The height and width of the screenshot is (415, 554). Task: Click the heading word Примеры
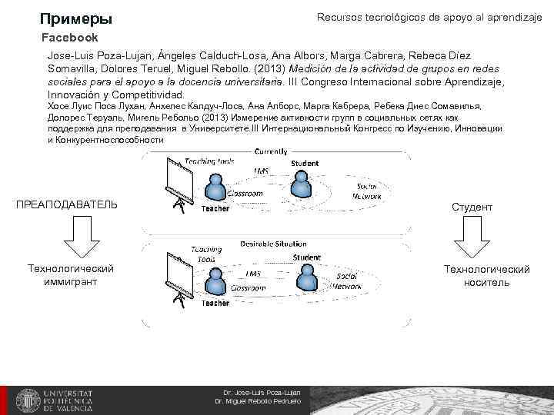tap(76, 18)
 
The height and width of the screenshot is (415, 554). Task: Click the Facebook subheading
tap(70, 38)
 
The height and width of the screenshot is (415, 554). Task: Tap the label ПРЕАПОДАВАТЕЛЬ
tap(67, 204)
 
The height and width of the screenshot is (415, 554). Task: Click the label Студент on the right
tap(472, 207)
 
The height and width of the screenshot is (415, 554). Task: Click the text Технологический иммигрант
tap(70, 275)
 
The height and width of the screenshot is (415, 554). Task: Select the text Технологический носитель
tap(486, 275)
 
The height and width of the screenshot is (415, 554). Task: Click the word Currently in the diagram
tap(271, 151)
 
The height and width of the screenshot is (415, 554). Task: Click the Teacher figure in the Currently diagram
tap(215, 188)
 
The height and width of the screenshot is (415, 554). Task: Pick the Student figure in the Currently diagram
tap(302, 183)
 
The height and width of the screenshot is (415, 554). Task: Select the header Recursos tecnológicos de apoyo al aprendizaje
tap(429, 17)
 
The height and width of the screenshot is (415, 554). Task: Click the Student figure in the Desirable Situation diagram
tap(305, 274)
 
